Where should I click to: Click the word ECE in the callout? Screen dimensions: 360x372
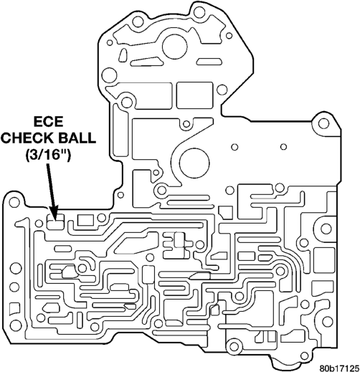tap(48, 121)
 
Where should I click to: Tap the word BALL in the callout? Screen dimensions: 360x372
tap(77, 138)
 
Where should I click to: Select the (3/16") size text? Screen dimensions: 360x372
tap(47, 155)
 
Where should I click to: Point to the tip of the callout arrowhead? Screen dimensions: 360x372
tap(55, 221)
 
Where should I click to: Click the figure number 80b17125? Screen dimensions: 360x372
tap(339, 367)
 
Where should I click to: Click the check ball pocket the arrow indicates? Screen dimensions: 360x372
tap(55, 221)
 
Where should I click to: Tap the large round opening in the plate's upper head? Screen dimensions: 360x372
tap(174, 47)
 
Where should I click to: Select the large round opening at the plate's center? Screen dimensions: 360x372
tap(194, 163)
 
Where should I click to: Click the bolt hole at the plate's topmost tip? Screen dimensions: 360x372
tap(199, 11)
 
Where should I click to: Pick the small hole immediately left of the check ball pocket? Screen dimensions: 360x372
tap(39, 224)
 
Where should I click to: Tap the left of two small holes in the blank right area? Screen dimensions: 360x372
tap(235, 147)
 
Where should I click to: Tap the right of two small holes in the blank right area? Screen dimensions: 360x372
tap(283, 147)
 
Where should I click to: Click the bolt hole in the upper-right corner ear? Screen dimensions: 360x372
tap(323, 123)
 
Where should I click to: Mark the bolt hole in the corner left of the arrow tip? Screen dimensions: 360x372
tap(14, 203)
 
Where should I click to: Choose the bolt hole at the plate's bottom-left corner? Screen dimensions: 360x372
tap(16, 325)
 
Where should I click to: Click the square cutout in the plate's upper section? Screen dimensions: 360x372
tap(194, 95)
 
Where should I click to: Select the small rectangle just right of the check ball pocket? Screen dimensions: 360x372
tap(85, 220)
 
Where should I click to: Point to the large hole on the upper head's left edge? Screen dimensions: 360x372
tap(109, 75)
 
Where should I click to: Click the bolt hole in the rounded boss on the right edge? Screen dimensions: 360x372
tap(326, 229)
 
